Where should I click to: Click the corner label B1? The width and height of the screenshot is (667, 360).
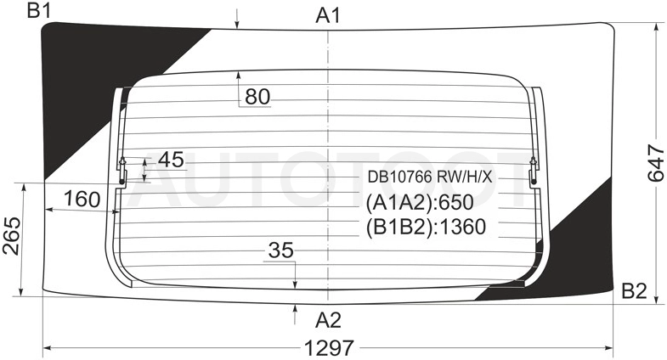(x=39, y=10)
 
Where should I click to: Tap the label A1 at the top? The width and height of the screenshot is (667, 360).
(x=328, y=16)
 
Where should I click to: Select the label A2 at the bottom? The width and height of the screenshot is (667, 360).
(x=328, y=320)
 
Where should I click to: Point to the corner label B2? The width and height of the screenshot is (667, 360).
(x=634, y=291)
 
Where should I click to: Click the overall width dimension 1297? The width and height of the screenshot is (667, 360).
(x=329, y=348)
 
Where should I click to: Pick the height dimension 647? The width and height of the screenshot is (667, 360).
(x=656, y=163)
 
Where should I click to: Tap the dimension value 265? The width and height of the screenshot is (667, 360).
(x=12, y=236)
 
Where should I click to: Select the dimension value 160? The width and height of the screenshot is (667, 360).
(x=82, y=199)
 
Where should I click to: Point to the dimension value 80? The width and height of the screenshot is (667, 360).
(x=257, y=97)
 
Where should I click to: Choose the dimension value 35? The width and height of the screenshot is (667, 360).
(x=281, y=250)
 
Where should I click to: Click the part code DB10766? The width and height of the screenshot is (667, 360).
(x=400, y=177)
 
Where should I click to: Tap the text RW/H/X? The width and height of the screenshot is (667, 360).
(x=465, y=177)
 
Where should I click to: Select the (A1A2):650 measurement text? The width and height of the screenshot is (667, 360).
(x=420, y=202)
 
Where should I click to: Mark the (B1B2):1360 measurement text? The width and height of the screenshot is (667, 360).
(x=426, y=227)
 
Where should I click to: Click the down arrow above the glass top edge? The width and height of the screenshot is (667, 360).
(x=237, y=19)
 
